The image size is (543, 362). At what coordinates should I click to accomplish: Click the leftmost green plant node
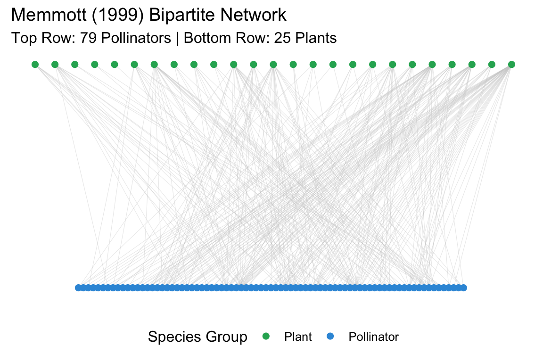click(x=35, y=64)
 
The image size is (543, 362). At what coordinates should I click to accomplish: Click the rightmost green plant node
click(x=511, y=64)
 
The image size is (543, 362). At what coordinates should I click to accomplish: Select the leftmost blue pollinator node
click(x=78, y=288)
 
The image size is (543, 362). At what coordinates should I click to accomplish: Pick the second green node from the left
click(x=55, y=64)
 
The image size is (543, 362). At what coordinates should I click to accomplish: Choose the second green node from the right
click(x=492, y=64)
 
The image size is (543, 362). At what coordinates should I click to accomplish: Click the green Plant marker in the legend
click(x=266, y=337)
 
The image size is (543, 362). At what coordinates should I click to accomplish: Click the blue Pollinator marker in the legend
click(x=330, y=337)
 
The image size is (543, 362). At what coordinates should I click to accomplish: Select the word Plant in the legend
click(x=298, y=337)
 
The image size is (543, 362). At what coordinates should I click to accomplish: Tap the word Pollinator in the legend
click(x=373, y=337)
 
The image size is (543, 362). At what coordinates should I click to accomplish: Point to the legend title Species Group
click(x=197, y=337)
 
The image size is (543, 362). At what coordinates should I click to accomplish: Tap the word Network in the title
click(x=254, y=15)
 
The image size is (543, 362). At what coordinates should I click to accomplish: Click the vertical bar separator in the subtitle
click(x=177, y=38)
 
